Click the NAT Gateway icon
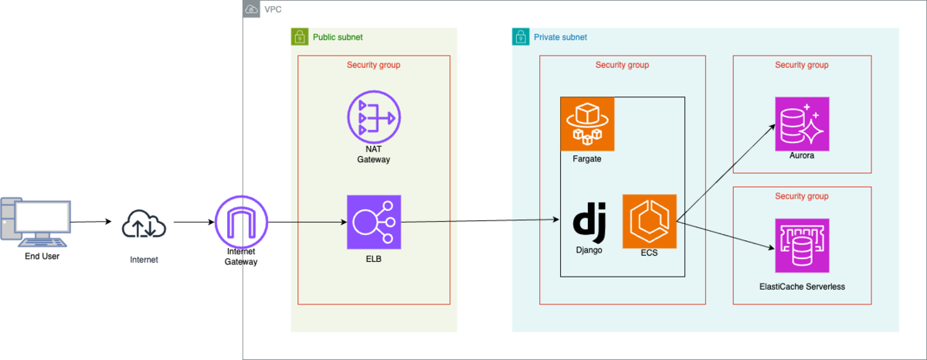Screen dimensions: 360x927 click(x=373, y=118)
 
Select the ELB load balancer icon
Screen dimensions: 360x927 click(x=374, y=222)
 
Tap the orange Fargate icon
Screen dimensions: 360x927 click(x=587, y=124)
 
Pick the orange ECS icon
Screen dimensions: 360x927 click(x=650, y=222)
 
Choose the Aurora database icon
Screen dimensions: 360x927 click(x=802, y=124)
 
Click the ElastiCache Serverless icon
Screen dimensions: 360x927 click(x=802, y=246)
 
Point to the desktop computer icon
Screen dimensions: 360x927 click(x=36, y=222)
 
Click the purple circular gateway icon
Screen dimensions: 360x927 click(x=241, y=222)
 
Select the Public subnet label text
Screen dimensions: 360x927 click(x=338, y=37)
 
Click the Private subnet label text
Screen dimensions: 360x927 click(x=560, y=37)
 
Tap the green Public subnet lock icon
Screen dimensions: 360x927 click(x=299, y=37)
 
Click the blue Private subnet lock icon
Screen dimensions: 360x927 click(x=520, y=37)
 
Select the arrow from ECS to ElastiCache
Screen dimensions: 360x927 click(x=726, y=236)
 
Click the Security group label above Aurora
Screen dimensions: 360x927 click(x=801, y=65)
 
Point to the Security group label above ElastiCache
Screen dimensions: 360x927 click(x=801, y=196)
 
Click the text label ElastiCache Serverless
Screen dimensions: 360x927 click(x=802, y=287)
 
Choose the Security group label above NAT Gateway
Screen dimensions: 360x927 click(x=373, y=65)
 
